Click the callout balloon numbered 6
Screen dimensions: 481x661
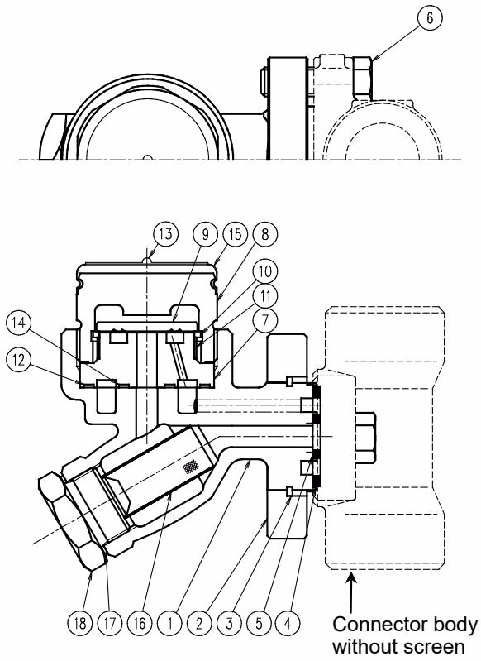pos(430,19)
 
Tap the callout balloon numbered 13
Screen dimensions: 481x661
pos(165,234)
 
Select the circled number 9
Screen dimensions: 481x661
pos(205,234)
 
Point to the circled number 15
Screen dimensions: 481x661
pos(235,234)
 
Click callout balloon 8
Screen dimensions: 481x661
pos(264,234)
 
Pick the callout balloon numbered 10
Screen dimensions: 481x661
pos(264,272)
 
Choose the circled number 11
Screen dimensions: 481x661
pos(264,296)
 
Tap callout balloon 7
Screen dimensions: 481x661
pos(264,321)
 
